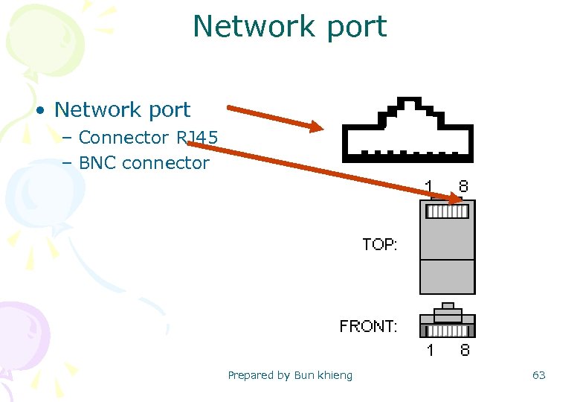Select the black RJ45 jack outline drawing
click(x=407, y=130)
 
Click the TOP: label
click(x=379, y=244)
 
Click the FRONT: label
click(x=368, y=326)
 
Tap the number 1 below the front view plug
click(x=430, y=350)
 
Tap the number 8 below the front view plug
click(x=464, y=350)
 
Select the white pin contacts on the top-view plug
click(x=447, y=212)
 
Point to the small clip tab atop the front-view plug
click(x=447, y=306)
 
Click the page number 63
click(x=538, y=375)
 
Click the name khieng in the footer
click(x=335, y=375)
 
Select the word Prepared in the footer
click(x=251, y=375)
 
